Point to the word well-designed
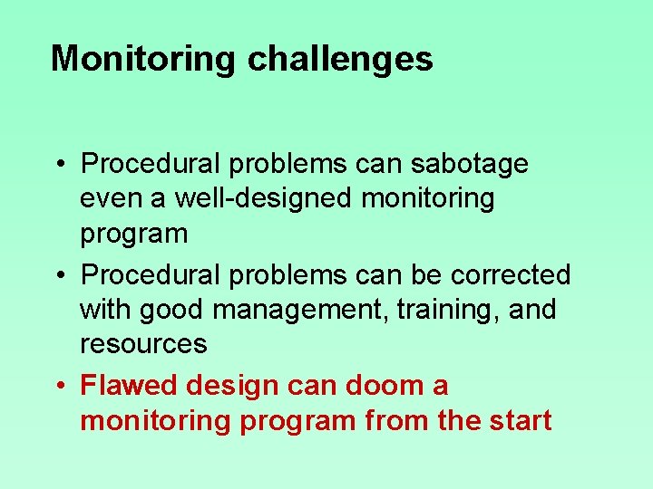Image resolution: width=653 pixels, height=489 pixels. (263, 198)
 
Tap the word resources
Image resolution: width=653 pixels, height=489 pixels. (143, 344)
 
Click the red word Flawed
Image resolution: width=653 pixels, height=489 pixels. (130, 386)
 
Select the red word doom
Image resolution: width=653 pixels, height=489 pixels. (375, 386)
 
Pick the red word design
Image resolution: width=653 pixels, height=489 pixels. (233, 386)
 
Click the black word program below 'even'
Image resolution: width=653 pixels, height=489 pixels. (134, 234)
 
